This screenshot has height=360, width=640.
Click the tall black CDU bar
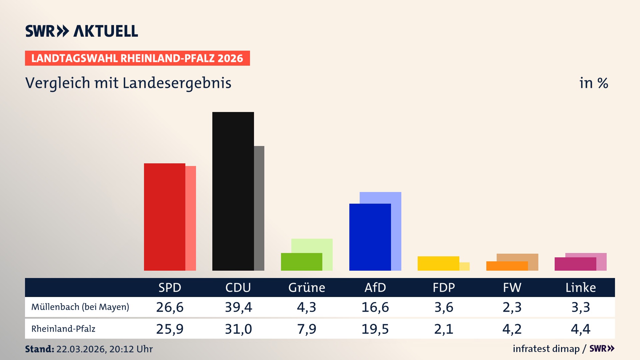(x=233, y=191)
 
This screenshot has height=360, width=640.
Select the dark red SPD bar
(x=164, y=217)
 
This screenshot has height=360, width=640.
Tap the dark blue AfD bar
(x=370, y=237)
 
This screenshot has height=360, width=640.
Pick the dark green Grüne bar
(x=301, y=262)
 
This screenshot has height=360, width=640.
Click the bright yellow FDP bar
(x=438, y=263)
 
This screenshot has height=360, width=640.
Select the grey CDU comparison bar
(x=259, y=208)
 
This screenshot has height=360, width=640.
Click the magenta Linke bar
(x=575, y=264)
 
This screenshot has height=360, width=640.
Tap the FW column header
(x=512, y=287)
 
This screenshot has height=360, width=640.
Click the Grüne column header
(x=307, y=287)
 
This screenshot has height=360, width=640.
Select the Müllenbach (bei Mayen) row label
(x=80, y=307)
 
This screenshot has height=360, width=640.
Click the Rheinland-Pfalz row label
(x=63, y=329)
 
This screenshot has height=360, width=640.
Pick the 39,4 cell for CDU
(x=238, y=307)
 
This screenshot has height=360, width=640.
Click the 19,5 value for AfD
(x=375, y=329)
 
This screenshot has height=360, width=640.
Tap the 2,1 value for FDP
(x=444, y=329)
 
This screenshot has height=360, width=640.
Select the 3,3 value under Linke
(x=581, y=307)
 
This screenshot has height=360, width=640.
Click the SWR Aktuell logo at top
(x=82, y=31)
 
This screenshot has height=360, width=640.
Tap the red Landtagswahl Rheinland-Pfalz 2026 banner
(x=137, y=58)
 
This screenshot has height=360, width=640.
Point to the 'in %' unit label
(x=594, y=83)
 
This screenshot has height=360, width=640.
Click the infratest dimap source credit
(x=546, y=349)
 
